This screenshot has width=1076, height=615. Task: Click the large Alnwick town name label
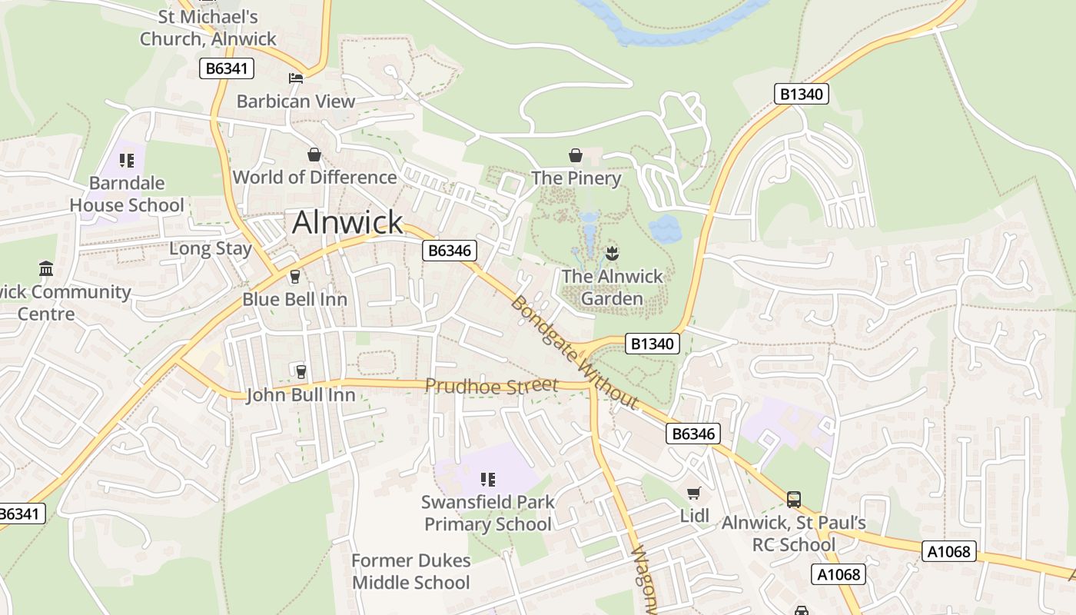click(347, 222)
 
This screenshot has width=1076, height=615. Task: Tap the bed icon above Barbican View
click(295, 78)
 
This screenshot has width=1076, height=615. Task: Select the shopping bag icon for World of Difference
click(314, 155)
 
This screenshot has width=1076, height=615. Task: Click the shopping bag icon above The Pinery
click(576, 156)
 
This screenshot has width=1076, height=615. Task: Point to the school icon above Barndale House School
click(127, 161)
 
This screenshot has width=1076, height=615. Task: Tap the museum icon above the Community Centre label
click(46, 269)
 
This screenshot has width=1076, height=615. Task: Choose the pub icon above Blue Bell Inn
click(294, 277)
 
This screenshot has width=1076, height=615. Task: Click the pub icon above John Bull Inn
click(301, 372)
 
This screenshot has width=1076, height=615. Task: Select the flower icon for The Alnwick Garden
click(612, 252)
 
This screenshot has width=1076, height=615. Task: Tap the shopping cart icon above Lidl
click(694, 493)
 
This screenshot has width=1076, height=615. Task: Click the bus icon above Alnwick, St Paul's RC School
click(793, 500)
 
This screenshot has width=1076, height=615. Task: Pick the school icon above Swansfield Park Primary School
click(487, 480)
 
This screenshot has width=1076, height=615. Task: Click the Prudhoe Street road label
click(491, 385)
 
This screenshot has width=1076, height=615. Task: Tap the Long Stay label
click(211, 249)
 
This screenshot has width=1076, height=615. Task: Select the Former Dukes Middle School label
click(411, 571)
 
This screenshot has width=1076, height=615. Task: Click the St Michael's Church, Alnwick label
click(208, 28)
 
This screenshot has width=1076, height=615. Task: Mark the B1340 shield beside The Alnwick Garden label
click(652, 344)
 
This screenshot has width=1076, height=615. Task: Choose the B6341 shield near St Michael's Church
click(226, 68)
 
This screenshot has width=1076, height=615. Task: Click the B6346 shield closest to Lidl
click(692, 434)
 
